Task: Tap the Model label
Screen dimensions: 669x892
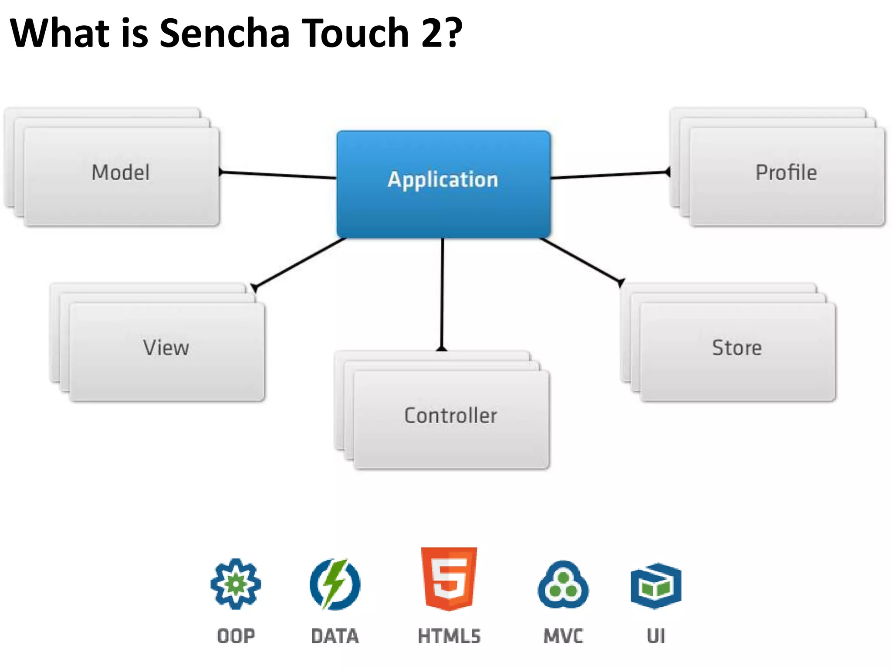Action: [121, 172]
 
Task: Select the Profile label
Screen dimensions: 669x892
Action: [786, 172]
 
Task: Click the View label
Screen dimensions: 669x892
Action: [166, 348]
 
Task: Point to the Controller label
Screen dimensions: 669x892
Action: [451, 416]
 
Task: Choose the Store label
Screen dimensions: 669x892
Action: [737, 348]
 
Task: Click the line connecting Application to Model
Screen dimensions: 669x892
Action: [279, 175]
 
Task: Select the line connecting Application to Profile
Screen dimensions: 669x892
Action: [610, 175]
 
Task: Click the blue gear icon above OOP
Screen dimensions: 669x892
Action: [236, 584]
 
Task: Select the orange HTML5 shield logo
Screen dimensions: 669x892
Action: [449, 578]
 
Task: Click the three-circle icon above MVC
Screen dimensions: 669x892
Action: [563, 585]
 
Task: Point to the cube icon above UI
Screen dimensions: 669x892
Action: [656, 585]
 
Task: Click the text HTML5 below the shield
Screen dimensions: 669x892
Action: [449, 636]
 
